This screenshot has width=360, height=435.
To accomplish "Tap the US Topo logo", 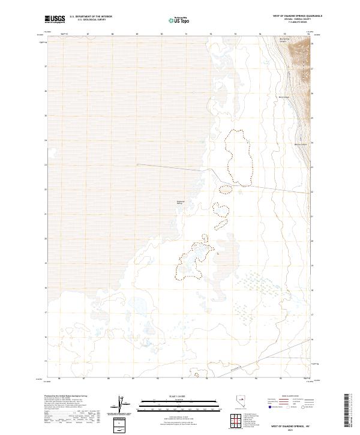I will (x=180, y=20).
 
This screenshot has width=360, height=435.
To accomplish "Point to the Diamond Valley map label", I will (x=179, y=202).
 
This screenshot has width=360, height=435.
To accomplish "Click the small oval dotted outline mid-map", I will (x=225, y=190).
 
